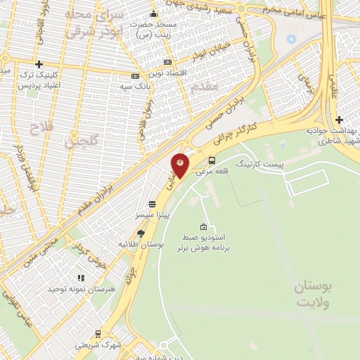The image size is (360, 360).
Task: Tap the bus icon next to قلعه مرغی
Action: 212,160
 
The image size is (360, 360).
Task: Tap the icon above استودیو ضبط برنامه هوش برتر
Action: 204,226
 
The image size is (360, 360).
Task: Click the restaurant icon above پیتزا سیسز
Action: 152,203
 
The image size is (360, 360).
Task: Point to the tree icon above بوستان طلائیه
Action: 141,233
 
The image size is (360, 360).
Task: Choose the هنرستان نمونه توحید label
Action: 75,289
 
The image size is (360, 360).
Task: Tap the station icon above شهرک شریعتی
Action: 97,335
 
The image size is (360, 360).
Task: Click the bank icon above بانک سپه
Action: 135,76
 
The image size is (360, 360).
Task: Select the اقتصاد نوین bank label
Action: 167,73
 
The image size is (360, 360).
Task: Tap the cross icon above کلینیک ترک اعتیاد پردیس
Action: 39,64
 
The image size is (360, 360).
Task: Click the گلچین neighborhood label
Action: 79,143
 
